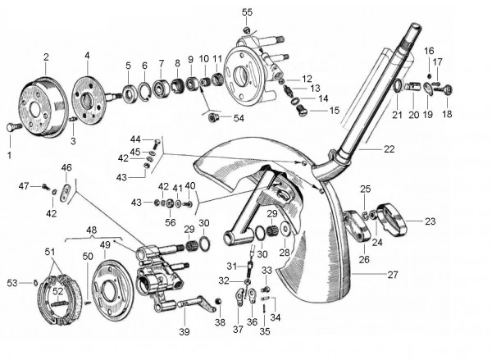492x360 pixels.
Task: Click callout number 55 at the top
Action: pos(247,12)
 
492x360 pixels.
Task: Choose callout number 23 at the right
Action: pos(430,220)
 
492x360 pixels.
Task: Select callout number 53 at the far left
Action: pos(13,284)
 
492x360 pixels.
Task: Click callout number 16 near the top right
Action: pos(429,51)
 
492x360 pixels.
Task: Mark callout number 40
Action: pos(190,185)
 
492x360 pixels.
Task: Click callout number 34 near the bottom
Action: pos(275,317)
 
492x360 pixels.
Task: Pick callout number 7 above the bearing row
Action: pos(161,62)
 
